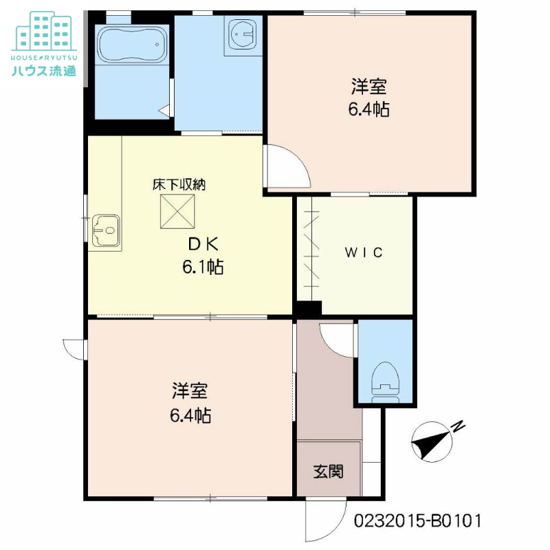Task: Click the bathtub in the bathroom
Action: pyautogui.click(x=132, y=46)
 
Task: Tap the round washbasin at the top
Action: pyautogui.click(x=242, y=34)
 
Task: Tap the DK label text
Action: pyautogui.click(x=203, y=244)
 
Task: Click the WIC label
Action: pyautogui.click(x=363, y=252)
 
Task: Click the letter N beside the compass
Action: pyautogui.click(x=459, y=427)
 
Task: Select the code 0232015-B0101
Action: pyautogui.click(x=417, y=520)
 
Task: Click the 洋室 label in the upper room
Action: pyautogui.click(x=368, y=87)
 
